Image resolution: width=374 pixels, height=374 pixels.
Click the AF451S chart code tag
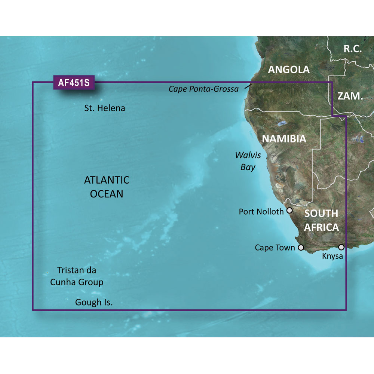pyautogui.click(x=74, y=82)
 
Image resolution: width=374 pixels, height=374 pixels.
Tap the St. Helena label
pyautogui.click(x=104, y=108)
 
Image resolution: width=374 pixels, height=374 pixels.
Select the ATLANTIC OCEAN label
pyautogui.click(x=107, y=187)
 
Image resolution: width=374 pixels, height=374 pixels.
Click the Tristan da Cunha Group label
pyautogui.click(x=77, y=276)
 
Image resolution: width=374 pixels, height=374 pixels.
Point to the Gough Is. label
pyautogui.click(x=94, y=302)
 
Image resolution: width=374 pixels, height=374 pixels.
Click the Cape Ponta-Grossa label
pyautogui.click(x=203, y=89)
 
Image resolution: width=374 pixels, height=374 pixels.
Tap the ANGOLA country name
pyautogui.click(x=289, y=69)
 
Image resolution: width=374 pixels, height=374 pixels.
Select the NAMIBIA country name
pyautogui.click(x=284, y=139)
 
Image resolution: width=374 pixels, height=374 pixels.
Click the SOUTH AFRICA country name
pyautogui.click(x=321, y=220)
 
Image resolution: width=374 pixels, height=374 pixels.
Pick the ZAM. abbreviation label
pyautogui.click(x=350, y=96)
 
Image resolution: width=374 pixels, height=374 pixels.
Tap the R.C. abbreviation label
pyautogui.click(x=353, y=48)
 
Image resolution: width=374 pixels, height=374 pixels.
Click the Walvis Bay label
pyautogui.click(x=247, y=161)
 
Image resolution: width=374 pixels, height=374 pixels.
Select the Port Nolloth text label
pyautogui.click(x=261, y=212)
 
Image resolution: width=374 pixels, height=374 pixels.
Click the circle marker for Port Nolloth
pyautogui.click(x=289, y=211)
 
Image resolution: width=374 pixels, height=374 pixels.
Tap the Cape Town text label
pyautogui.click(x=275, y=248)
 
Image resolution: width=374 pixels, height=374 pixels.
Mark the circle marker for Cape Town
pyautogui.click(x=301, y=248)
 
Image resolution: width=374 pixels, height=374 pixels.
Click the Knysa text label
pyautogui.click(x=332, y=257)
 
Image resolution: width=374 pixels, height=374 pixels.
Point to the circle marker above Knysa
pyautogui.click(x=341, y=247)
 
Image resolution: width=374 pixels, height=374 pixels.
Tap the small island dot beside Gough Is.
pyautogui.click(x=67, y=299)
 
